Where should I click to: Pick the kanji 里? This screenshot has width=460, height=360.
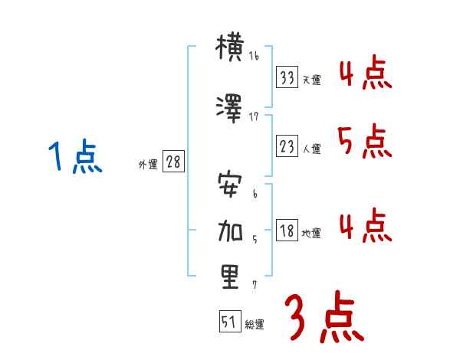point(230,277)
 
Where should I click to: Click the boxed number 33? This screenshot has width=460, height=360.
point(287,77)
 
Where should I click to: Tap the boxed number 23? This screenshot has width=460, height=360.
point(287,147)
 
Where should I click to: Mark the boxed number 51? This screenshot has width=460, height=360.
point(229,322)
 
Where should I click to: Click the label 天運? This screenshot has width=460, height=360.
point(311,80)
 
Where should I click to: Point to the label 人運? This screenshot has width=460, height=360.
point(311,149)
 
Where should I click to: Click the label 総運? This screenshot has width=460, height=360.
point(254,325)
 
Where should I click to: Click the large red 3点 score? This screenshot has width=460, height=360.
point(324,317)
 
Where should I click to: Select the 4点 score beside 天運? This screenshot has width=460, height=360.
point(363,73)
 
